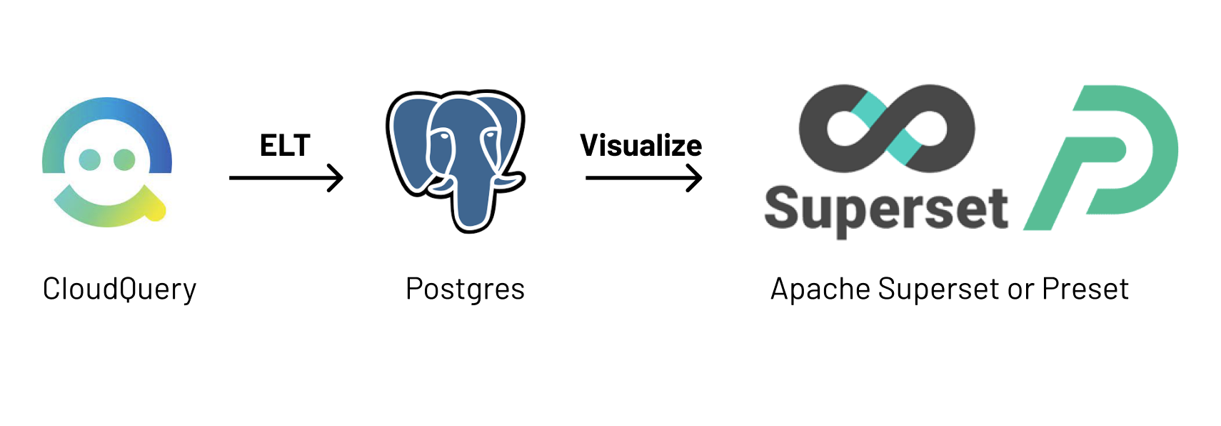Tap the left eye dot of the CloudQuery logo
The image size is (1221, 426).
89,159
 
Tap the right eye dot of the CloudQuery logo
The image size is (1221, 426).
124,159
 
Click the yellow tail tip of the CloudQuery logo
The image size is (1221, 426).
156,210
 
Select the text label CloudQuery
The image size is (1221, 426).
119,289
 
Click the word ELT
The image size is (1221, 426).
285,146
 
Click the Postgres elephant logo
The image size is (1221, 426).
456,160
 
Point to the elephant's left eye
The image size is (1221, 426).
443,136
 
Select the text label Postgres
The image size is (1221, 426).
465,289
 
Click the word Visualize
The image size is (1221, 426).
640,146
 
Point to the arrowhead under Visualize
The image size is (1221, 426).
695,178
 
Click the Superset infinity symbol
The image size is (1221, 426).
886,129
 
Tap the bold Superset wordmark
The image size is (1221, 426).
885,209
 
